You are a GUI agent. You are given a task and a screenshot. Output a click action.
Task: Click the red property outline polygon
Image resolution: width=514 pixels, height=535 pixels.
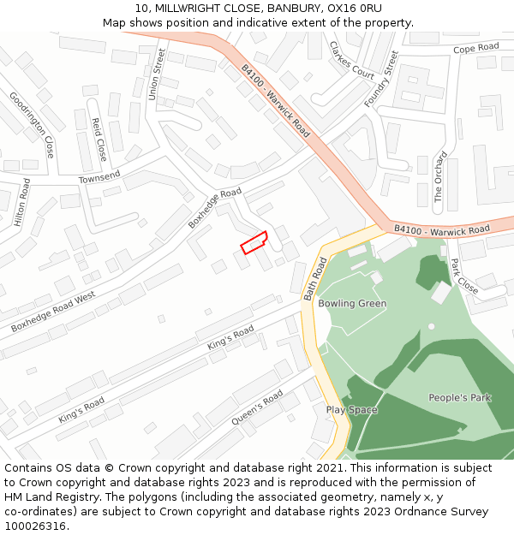(254, 242)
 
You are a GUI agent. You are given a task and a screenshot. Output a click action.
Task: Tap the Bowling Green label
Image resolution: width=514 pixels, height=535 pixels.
(352, 304)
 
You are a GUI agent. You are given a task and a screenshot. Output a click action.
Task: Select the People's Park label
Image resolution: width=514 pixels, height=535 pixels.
(459, 398)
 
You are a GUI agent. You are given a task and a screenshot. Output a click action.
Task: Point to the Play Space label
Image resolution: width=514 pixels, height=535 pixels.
(351, 410)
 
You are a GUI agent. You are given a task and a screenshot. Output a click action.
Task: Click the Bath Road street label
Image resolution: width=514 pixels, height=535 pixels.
(315, 278)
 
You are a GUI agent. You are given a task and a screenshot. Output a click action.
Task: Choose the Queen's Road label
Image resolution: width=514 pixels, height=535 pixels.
(257, 408)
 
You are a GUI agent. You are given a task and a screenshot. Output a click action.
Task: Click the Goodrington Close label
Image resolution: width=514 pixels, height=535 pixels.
(32, 124)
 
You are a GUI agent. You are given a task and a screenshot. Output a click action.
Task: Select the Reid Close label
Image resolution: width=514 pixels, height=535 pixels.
(99, 140)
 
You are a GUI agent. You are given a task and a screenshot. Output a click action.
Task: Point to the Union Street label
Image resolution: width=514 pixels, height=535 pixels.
(156, 74)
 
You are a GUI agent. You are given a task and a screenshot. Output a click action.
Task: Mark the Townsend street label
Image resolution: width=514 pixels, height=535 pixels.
(99, 177)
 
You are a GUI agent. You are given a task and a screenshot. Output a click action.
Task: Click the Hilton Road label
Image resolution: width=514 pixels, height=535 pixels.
(22, 203)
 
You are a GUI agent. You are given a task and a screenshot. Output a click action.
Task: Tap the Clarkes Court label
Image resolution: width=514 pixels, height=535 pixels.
(352, 60)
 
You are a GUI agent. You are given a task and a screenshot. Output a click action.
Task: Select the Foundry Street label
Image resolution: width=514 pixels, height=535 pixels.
(381, 79)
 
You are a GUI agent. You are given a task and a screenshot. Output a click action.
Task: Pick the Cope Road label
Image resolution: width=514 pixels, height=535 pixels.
(475, 48)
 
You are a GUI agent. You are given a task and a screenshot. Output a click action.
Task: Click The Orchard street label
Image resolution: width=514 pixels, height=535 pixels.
(439, 177)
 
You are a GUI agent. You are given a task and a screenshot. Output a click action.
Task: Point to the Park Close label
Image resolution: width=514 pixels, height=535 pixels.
(464, 276)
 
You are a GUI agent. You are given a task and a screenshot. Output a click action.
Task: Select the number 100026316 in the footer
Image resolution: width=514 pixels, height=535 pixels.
(34, 526)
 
